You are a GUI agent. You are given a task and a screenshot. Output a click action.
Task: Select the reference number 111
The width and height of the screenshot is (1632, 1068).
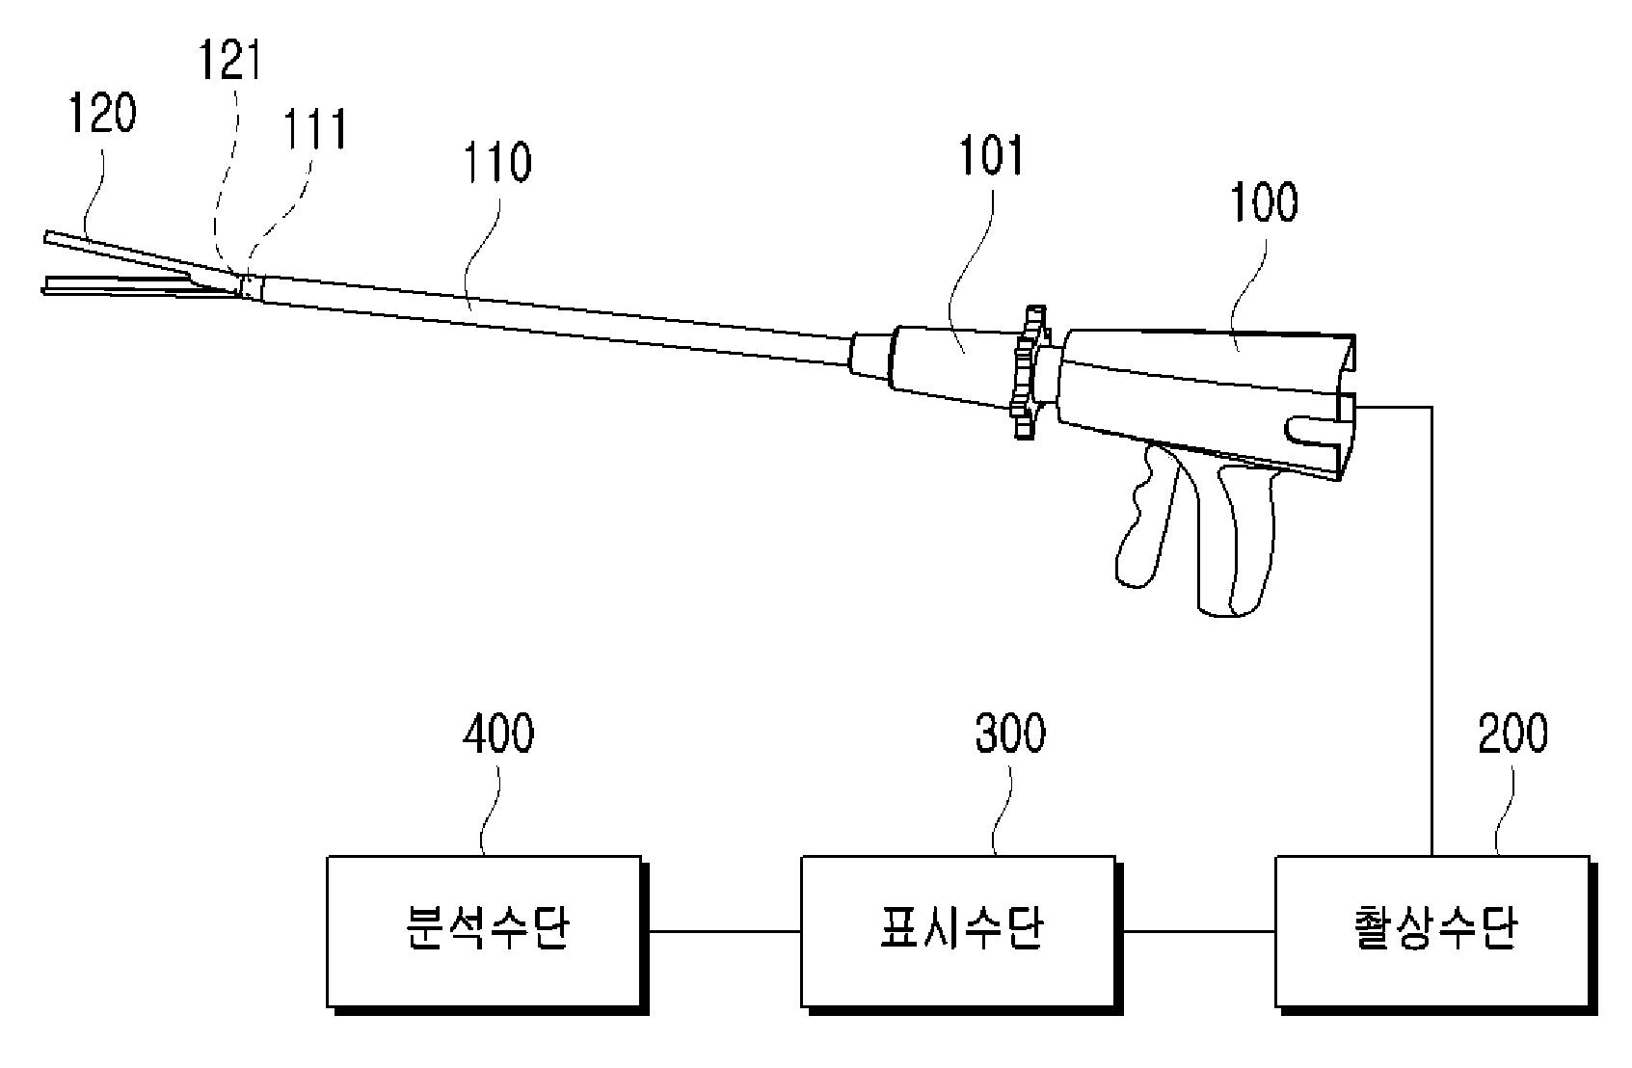pos(315,130)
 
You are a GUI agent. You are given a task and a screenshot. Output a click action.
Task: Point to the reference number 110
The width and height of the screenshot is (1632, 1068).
pos(497,162)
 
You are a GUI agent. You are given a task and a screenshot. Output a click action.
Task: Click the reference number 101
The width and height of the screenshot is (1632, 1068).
pos(991,155)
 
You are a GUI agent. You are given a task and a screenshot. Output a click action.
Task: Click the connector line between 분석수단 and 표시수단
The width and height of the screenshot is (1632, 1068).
pos(725,931)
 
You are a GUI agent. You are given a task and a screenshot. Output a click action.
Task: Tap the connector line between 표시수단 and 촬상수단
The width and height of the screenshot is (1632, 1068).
pos(1199,931)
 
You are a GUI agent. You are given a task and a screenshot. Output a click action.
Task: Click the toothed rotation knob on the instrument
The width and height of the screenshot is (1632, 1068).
pos(1030,371)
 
